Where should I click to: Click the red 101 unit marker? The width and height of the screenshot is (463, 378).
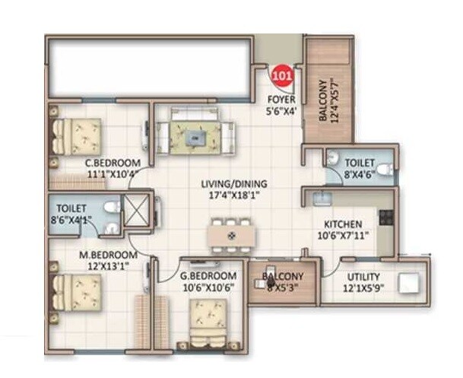point(282,75)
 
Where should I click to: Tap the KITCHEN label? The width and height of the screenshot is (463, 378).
point(343,225)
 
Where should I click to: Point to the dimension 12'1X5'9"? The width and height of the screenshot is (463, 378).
point(368,288)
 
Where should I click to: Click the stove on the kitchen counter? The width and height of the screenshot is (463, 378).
point(385,217)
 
